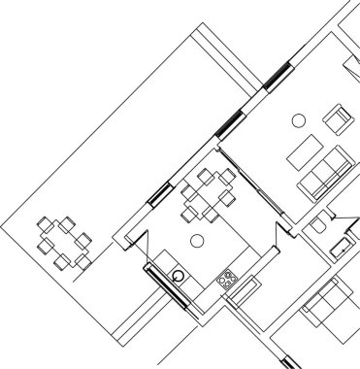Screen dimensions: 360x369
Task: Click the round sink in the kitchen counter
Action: click(x=180, y=276)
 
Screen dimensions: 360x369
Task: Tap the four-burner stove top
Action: click(x=228, y=280)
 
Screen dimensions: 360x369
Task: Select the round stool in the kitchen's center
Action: click(x=198, y=239)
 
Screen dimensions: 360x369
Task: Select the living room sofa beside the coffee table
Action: click(x=326, y=172)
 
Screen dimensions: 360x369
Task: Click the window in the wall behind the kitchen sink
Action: click(x=166, y=287)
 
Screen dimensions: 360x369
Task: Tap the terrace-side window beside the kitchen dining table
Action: click(x=159, y=192)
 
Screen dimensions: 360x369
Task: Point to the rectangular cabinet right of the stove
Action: click(x=245, y=288)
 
